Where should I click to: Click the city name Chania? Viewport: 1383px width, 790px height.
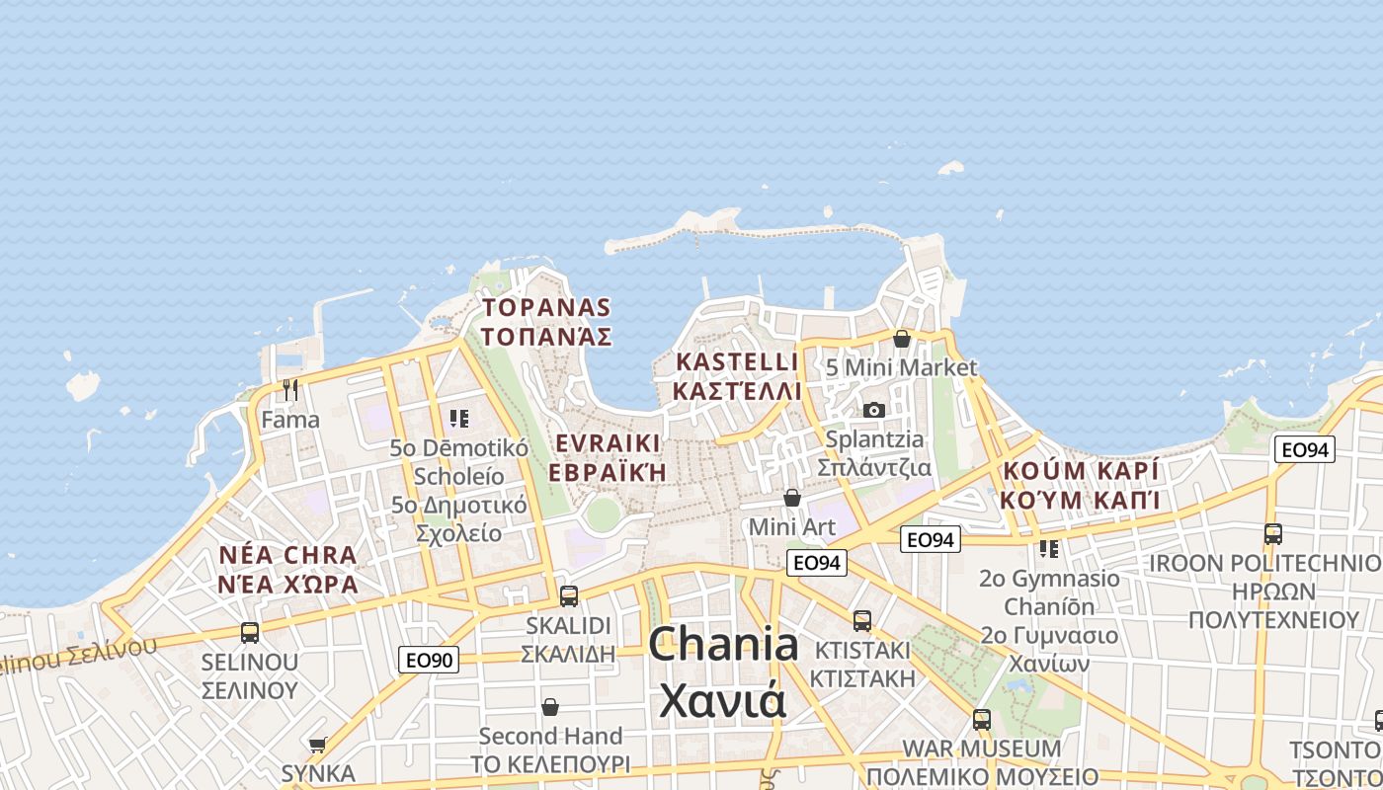(x=723, y=645)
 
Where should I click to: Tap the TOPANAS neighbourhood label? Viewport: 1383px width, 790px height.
(x=546, y=308)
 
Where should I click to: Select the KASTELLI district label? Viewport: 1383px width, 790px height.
(x=736, y=361)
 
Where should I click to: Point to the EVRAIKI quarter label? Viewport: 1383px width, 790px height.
(x=607, y=441)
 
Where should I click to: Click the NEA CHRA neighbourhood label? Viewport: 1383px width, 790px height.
(x=287, y=555)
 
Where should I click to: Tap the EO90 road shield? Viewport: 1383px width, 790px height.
(x=429, y=660)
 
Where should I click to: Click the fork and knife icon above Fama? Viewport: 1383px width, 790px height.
(x=290, y=390)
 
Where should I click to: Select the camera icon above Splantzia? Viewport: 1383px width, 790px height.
(x=874, y=410)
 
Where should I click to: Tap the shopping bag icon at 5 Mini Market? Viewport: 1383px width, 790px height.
(x=902, y=339)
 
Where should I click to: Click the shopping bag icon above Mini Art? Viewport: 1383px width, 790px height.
(x=791, y=498)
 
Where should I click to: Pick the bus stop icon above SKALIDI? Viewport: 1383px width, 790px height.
(x=568, y=596)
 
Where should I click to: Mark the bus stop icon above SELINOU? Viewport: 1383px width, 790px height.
(x=250, y=632)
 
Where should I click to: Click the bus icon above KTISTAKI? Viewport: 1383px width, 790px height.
(x=862, y=620)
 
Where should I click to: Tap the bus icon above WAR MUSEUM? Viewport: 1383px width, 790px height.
(x=981, y=719)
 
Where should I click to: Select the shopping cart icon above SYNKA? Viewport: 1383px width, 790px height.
(x=317, y=745)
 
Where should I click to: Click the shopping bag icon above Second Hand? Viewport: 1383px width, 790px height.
(x=550, y=707)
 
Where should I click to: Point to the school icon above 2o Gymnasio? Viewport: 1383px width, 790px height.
(x=1049, y=548)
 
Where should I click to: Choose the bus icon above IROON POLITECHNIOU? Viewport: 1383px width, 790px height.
(x=1273, y=534)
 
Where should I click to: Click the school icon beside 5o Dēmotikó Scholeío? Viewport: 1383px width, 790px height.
(x=458, y=419)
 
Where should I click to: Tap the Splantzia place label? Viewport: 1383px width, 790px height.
(x=874, y=439)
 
